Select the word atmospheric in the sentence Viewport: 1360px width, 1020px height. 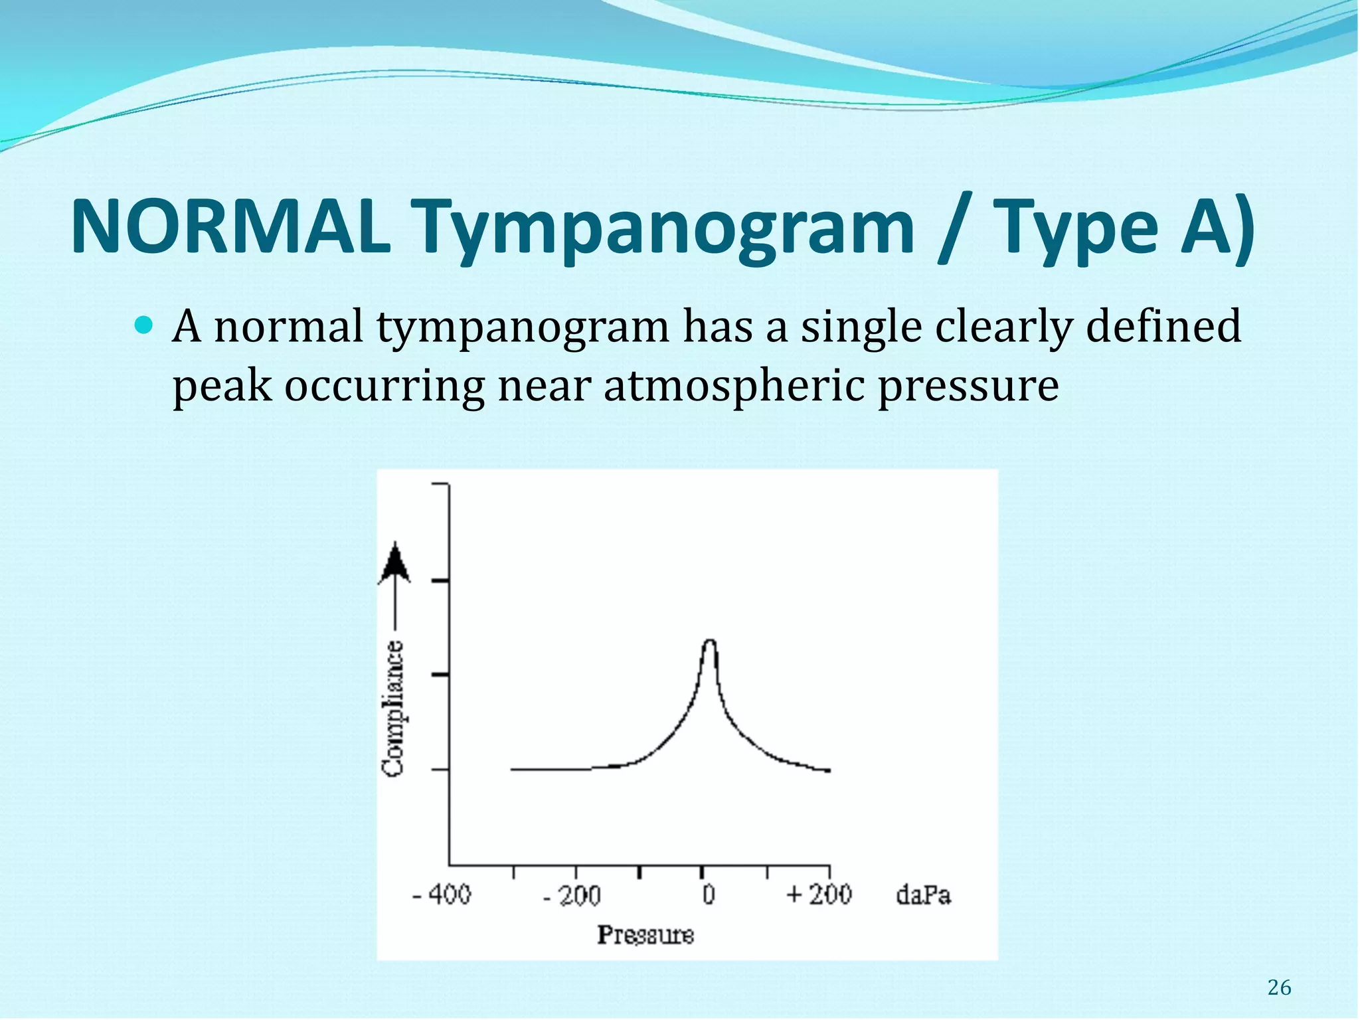[734, 385]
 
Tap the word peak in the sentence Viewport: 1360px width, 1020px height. [222, 386]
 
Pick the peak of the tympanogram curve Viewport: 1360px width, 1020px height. [709, 641]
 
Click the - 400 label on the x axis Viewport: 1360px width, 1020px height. [442, 895]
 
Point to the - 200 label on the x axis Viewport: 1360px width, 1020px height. [572, 896]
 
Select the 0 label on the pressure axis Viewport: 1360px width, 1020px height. [709, 894]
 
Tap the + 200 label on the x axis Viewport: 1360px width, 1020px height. [819, 894]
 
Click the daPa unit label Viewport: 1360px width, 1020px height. [923, 895]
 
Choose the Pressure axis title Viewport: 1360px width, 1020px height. [645, 935]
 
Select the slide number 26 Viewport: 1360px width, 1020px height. [1279, 988]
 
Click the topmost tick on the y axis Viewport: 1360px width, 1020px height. [440, 484]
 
